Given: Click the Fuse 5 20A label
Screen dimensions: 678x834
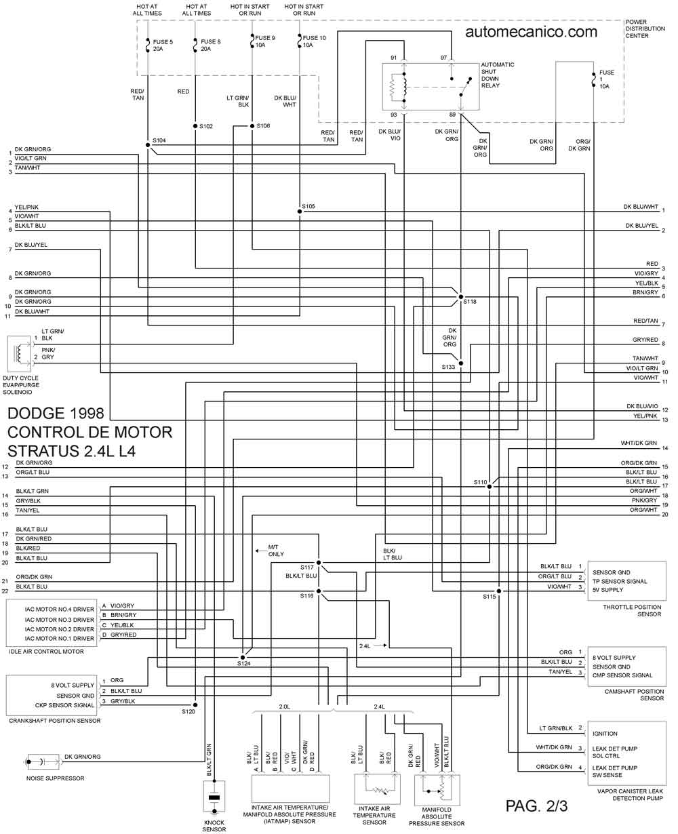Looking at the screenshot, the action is [x=163, y=45].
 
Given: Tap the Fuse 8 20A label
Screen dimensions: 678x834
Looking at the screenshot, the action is [x=211, y=45].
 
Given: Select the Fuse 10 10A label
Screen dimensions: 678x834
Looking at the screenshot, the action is [x=314, y=41].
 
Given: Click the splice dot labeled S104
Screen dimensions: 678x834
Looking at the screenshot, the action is [x=148, y=145].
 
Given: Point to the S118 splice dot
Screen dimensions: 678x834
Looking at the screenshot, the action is [x=461, y=297].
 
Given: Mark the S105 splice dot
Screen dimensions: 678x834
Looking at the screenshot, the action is [x=300, y=212].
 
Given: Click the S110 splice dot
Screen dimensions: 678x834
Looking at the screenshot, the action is [x=490, y=486].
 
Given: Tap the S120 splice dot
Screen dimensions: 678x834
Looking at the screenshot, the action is [x=195, y=704].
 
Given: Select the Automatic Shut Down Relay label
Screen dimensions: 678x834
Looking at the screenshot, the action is [x=498, y=75].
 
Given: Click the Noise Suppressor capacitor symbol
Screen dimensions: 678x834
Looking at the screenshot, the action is [x=43, y=762].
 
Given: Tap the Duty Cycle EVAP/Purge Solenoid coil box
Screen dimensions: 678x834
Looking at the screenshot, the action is [x=19, y=353].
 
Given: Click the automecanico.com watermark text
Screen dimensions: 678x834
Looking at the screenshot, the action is [x=531, y=32].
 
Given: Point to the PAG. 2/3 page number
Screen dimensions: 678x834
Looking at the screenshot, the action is [x=536, y=806].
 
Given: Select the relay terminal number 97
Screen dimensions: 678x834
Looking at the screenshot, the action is [x=443, y=58].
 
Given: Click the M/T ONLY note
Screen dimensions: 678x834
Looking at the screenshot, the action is [x=275, y=551].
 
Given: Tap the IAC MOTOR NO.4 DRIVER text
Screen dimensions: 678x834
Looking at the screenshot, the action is [x=60, y=610].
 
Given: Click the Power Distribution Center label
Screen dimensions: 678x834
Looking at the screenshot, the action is [x=645, y=29].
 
